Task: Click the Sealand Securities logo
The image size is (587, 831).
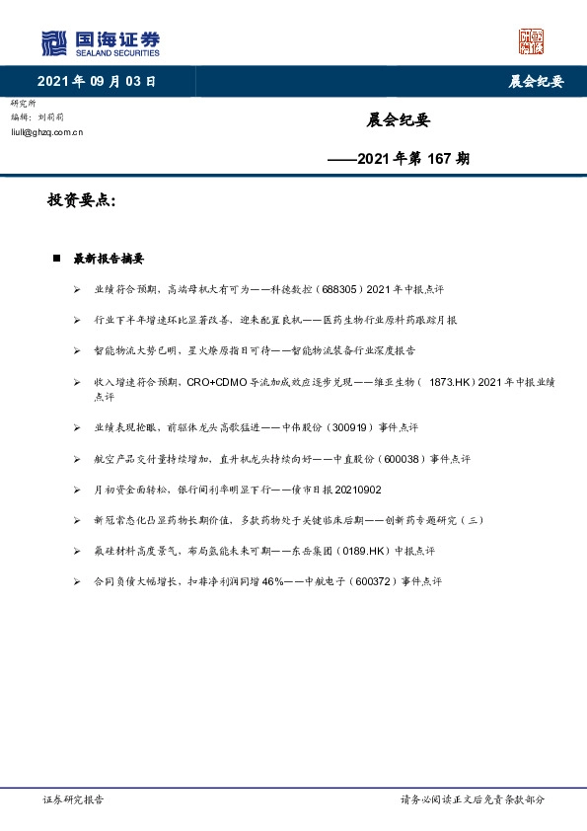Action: [x=100, y=42]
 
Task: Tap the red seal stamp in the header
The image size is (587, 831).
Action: [x=531, y=41]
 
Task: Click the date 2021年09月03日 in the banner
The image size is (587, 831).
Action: [x=97, y=81]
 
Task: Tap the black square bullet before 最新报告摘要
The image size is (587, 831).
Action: [x=57, y=260]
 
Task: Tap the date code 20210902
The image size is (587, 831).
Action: [x=367, y=490]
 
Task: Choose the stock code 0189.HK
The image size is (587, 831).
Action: [x=368, y=551]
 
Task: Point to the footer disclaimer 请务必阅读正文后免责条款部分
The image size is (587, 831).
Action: [x=472, y=799]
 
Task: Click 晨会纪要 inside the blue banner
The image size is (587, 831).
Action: [x=536, y=81]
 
